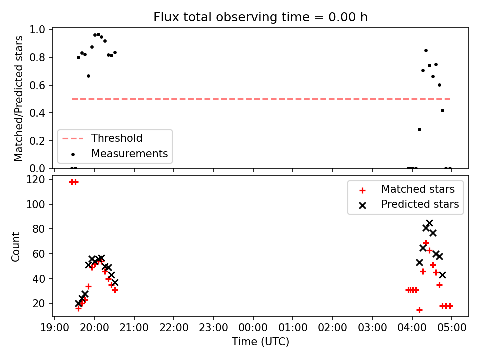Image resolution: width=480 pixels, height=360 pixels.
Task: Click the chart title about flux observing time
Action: pyautogui.click(x=260, y=17)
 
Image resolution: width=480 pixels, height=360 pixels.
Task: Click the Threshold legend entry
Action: pyautogui.click(x=102, y=138)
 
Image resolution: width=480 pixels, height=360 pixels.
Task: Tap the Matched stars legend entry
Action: pyautogui.click(x=407, y=189)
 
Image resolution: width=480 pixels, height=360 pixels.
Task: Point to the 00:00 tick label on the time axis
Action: pyautogui.click(x=253, y=328)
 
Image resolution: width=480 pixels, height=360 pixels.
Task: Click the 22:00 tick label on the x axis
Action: pyautogui.click(x=174, y=328)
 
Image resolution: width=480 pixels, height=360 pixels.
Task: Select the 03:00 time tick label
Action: pyautogui.click(x=372, y=328)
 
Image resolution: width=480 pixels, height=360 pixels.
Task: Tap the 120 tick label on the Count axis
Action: pyautogui.click(x=35, y=179)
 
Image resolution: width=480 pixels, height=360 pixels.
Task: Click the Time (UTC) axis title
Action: pyautogui.click(x=260, y=341)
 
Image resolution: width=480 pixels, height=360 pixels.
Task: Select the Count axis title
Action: pyautogui.click(x=15, y=246)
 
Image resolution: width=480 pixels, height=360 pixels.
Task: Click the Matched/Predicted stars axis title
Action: pyautogui.click(x=18, y=98)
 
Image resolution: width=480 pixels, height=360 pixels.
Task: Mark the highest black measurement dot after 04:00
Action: pyautogui.click(x=426, y=51)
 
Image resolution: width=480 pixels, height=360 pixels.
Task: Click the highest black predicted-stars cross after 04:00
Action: pyautogui.click(x=429, y=223)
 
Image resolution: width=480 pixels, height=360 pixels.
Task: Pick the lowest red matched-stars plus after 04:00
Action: pyautogui.click(x=419, y=310)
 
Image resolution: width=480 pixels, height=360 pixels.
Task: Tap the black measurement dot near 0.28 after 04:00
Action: pyautogui.click(x=419, y=130)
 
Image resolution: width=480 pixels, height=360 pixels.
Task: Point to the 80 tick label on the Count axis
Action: pyautogui.click(x=38, y=229)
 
